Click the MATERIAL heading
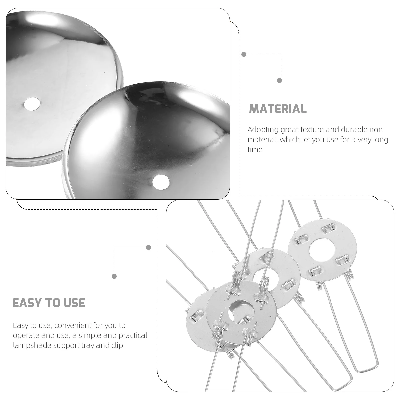(278, 109)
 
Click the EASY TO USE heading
(49, 303)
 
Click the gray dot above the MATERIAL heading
(279, 80)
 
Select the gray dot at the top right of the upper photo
(244, 54)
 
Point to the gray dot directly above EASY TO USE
(114, 276)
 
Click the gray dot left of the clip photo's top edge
(149, 247)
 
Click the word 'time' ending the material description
(255, 150)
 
